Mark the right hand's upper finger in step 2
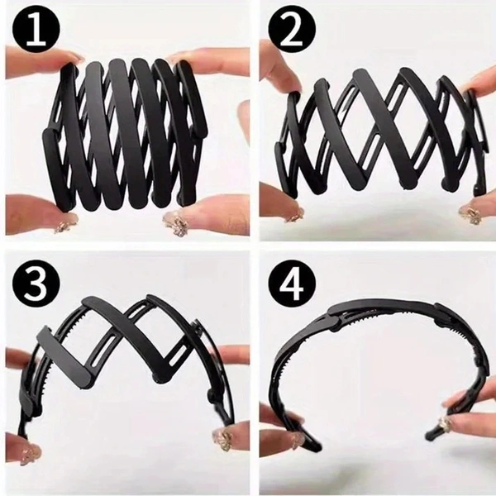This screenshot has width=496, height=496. [x=475, y=83]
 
